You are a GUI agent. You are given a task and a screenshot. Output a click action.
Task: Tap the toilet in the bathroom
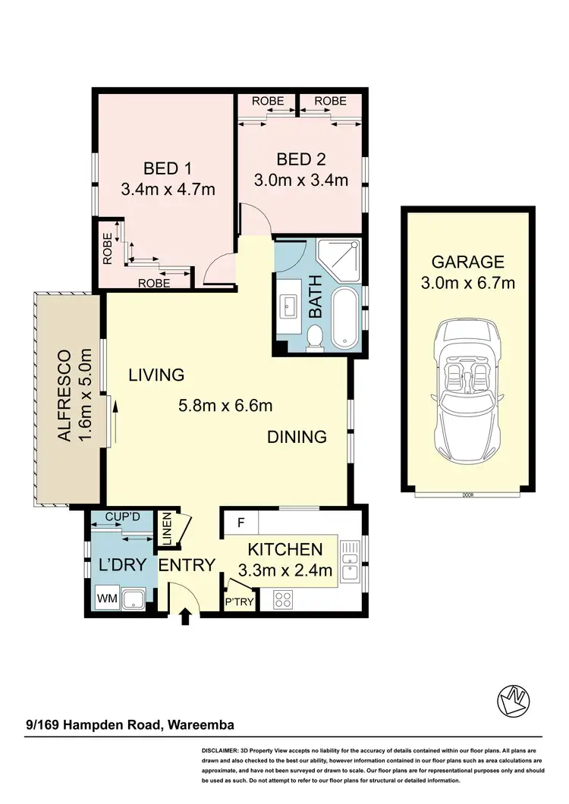(316, 338)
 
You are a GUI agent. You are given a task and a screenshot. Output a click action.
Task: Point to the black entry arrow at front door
(184, 618)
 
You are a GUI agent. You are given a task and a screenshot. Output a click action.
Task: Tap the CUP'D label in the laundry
(123, 517)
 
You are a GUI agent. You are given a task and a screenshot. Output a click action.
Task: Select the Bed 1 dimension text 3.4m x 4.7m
(168, 190)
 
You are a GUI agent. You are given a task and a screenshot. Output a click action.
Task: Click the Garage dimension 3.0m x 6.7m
(468, 284)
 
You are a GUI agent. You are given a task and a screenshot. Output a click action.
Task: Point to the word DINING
(297, 437)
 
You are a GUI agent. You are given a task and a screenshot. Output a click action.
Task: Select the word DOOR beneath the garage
(467, 495)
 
